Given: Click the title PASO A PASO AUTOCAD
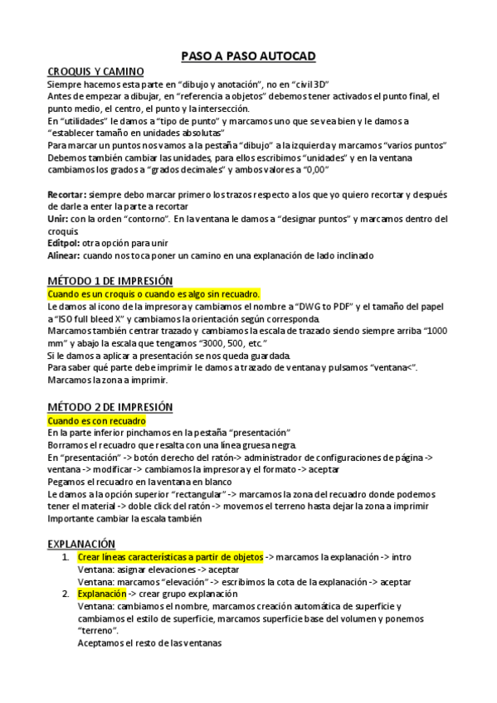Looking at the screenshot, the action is pyautogui.click(x=248, y=56).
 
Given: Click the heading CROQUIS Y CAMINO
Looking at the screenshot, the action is pyautogui.click(x=95, y=72).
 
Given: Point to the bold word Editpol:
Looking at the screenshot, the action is pyautogui.click(x=63, y=243).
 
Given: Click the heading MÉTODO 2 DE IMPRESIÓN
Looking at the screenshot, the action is pyautogui.click(x=110, y=407).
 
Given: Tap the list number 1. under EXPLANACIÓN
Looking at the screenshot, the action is pyautogui.click(x=66, y=557).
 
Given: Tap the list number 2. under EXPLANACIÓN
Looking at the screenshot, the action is pyautogui.click(x=66, y=594).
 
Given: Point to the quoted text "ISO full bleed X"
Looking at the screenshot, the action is pyautogui.click(x=98, y=319).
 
